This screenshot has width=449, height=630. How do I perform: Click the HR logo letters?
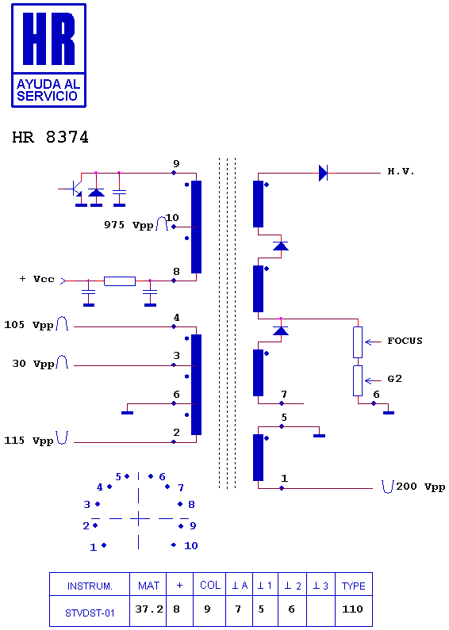(48, 39)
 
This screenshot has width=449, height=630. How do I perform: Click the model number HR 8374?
(50, 137)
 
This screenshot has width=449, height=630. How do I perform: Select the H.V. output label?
(401, 171)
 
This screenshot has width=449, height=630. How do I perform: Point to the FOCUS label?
(405, 341)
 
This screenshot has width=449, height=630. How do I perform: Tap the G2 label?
(395, 379)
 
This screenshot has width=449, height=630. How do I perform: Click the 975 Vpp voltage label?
(129, 225)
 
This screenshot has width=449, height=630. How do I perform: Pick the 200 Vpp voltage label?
(420, 487)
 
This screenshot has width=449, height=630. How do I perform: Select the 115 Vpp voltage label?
(29, 441)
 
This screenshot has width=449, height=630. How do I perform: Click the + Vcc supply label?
(37, 279)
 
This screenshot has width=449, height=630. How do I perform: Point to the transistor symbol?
(74, 189)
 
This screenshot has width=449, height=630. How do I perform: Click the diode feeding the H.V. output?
(323, 174)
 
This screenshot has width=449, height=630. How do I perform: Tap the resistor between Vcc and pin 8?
(120, 281)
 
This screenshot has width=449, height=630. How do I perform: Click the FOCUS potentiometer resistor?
(358, 342)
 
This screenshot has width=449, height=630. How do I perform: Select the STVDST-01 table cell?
(90, 611)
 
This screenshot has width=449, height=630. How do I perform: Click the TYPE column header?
(354, 584)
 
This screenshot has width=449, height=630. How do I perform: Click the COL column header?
(209, 584)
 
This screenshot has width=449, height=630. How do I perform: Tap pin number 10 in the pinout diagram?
(191, 546)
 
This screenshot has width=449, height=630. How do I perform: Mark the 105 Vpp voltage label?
(29, 325)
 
